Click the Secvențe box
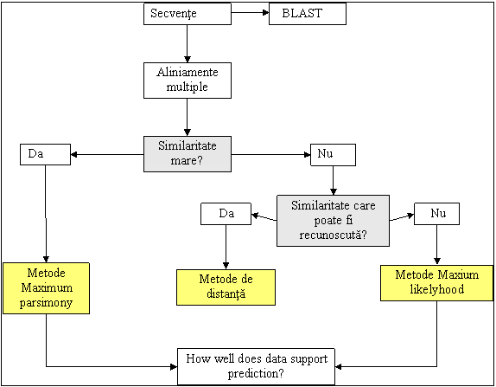188,14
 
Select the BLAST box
308,14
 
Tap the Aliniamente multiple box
188,81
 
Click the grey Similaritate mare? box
188,154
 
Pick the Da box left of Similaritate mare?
45,154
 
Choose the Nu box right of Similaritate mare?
333,155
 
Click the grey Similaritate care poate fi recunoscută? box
333,221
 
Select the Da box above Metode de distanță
226,214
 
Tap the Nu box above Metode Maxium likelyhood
437,214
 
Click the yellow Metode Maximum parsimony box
46,288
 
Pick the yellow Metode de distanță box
226,287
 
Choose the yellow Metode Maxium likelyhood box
437,283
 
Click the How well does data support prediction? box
257,367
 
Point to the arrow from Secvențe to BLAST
250,13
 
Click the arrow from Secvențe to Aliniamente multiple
188,43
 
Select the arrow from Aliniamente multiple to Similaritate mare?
188,117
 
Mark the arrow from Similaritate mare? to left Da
107,155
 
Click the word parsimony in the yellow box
46,303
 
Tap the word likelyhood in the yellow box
437,289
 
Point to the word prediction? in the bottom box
256,374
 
